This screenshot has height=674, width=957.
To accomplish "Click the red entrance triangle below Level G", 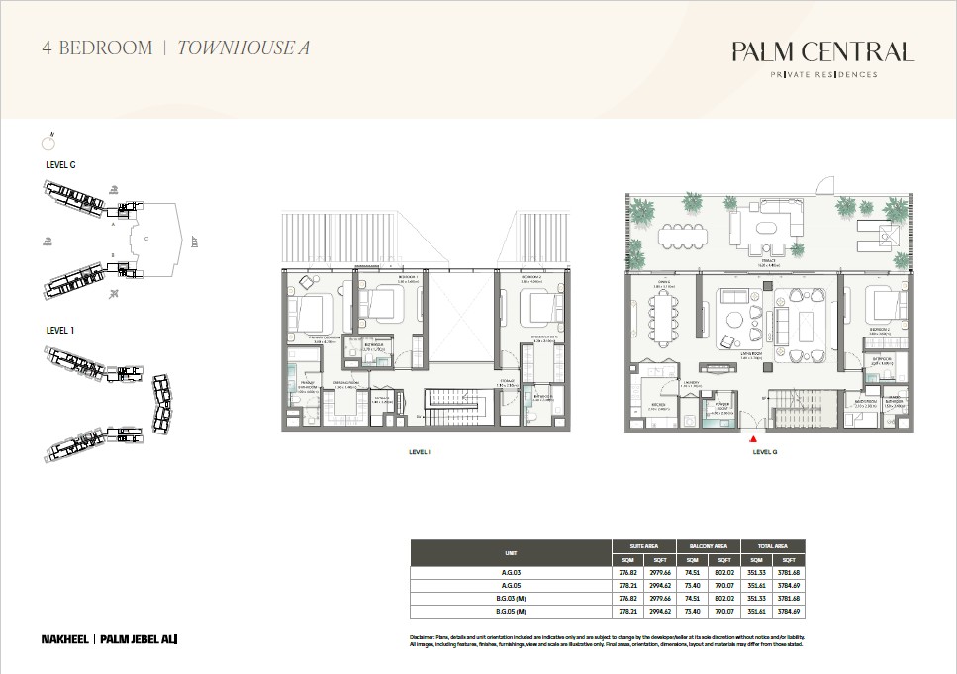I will click(x=754, y=438).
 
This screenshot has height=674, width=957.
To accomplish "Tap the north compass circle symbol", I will click(x=47, y=144).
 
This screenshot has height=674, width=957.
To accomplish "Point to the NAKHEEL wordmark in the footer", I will click(x=66, y=639).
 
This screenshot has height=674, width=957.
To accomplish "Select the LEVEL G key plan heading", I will click(x=61, y=165).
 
